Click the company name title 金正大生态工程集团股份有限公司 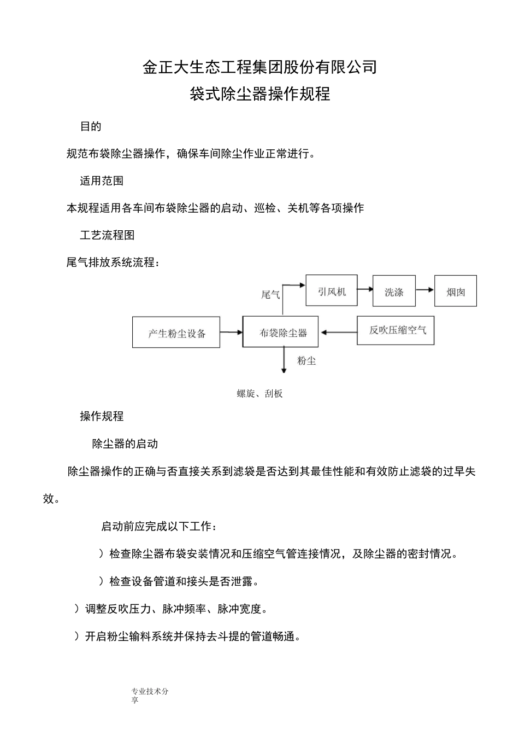(259, 67)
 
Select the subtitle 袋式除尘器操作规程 (259, 94)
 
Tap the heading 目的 (91, 126)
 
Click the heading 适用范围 (102, 180)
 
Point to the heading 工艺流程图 (107, 235)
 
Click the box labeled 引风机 (332, 290)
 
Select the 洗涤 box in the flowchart (394, 291)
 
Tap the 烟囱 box (456, 291)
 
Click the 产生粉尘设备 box (176, 332)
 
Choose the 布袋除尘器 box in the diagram (281, 331)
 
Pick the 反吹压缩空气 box (396, 330)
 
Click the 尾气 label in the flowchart (270, 295)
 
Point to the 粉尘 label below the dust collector (306, 361)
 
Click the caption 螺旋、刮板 (259, 394)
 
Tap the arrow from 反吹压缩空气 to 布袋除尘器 (338, 331)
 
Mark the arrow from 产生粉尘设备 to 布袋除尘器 (231, 332)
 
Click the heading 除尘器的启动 (125, 444)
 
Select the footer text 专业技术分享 (150, 696)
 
